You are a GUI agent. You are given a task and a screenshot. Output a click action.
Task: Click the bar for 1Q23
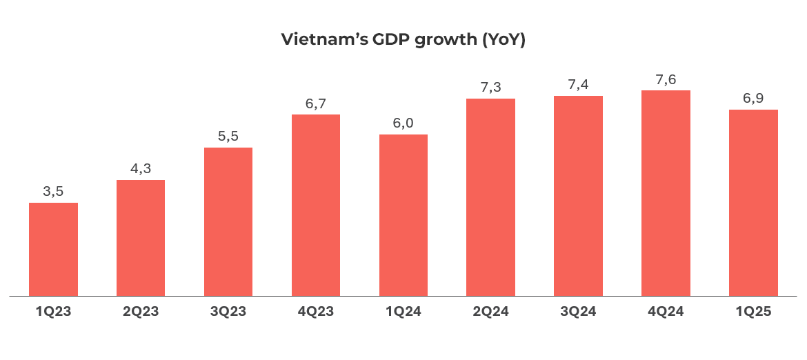point(53,250)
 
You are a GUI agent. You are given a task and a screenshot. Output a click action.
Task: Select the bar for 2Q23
point(141,238)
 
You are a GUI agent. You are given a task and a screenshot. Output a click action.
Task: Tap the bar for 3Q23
point(228,222)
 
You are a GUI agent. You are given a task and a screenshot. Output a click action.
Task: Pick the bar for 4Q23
point(316,206)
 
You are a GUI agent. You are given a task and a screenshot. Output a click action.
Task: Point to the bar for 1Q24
point(403,215)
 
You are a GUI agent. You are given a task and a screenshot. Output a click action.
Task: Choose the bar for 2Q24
point(490,197)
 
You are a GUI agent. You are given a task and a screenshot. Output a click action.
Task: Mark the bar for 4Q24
point(666,193)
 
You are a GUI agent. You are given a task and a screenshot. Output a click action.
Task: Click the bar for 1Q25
point(753,203)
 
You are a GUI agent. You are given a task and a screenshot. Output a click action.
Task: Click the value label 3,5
point(53,192)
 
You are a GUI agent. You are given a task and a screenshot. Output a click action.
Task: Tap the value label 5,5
point(228,137)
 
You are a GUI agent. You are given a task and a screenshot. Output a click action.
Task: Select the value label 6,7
point(316,103)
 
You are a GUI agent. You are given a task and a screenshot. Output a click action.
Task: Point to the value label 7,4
point(578,85)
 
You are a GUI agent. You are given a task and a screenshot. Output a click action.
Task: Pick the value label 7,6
point(666,79)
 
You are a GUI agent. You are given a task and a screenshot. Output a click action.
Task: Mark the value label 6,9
point(753,99)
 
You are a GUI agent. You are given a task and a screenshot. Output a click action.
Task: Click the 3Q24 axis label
point(578,312)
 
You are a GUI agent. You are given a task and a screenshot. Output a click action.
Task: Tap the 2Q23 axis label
point(141,312)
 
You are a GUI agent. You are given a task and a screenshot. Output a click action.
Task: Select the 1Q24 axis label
point(403,312)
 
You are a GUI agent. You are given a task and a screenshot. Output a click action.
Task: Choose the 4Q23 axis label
point(316,312)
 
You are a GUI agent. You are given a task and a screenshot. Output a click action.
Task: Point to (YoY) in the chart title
point(503,40)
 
